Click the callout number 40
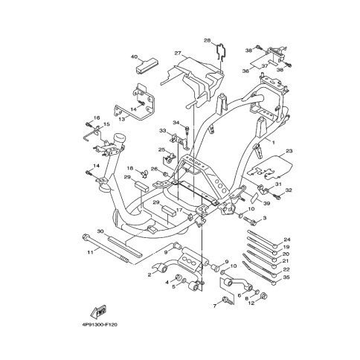[x=134, y=57]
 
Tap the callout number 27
[x=178, y=53]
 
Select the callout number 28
[x=208, y=40]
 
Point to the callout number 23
[x=289, y=151]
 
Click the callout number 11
[x=90, y=252]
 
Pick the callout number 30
[x=100, y=231]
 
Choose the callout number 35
[x=286, y=277]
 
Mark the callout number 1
[x=274, y=143]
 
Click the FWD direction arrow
[x=98, y=312]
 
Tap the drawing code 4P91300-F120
[x=100, y=324]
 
